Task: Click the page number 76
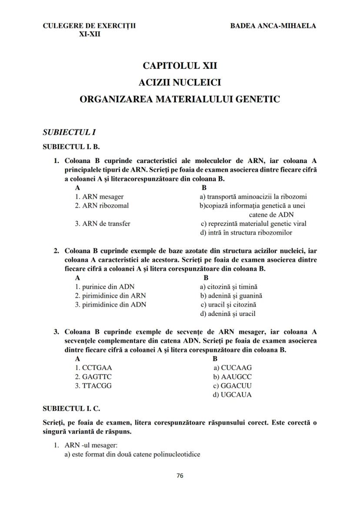pyautogui.click(x=180, y=476)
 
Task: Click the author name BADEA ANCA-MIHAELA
pyautogui.click(x=273, y=26)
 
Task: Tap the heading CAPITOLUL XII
pyautogui.click(x=180, y=66)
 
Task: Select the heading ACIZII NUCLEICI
pyautogui.click(x=180, y=82)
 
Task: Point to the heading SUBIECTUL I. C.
pyautogui.click(x=72, y=409)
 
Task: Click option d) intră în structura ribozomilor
pyautogui.click(x=246, y=233)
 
